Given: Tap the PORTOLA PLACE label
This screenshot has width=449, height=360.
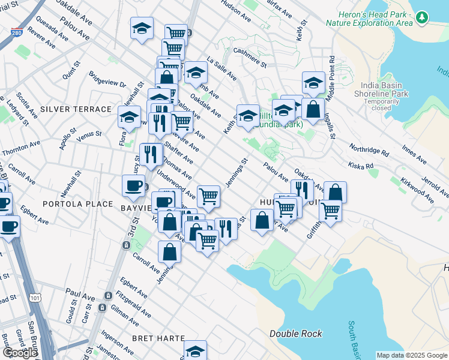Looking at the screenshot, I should click(78, 204).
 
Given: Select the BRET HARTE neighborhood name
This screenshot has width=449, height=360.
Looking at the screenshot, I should click(158, 338).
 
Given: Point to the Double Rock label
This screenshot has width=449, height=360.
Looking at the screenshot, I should click(295, 334).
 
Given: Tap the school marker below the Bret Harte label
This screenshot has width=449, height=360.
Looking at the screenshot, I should click(195, 351).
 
